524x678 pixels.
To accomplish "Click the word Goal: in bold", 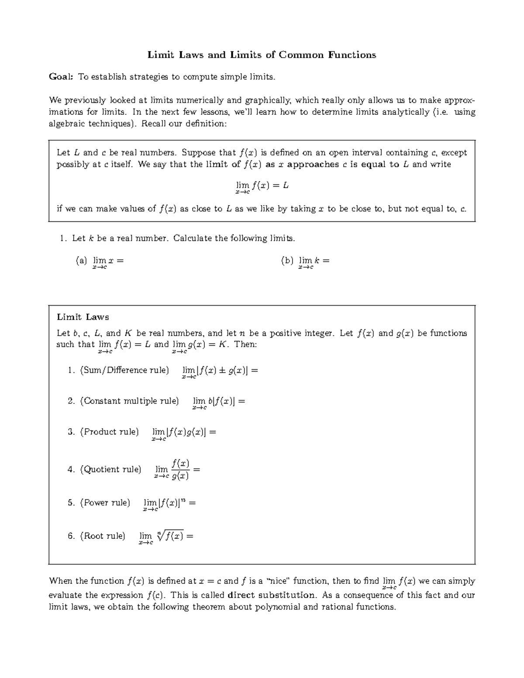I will (x=61, y=77).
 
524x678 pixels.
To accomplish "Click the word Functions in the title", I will (x=351, y=55).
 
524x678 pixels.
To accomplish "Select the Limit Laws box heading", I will (x=83, y=317).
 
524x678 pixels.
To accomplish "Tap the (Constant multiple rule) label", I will (x=129, y=401).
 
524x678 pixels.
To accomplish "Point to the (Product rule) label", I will (x=109, y=432).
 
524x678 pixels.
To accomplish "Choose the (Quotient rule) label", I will (x=110, y=469).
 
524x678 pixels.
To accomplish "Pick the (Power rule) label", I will (x=105, y=502).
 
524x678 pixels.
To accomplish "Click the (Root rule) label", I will (x=103, y=536).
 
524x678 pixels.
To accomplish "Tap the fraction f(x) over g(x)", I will (x=180, y=469).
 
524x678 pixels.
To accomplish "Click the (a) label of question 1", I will (x=81, y=261).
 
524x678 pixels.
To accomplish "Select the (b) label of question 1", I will (x=287, y=261).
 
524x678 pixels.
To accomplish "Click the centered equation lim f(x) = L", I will (x=262, y=187).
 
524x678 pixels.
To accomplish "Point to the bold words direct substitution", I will (x=271, y=595).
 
